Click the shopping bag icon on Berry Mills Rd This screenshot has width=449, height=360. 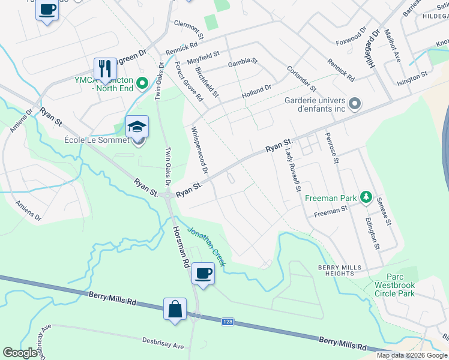click(x=175, y=310)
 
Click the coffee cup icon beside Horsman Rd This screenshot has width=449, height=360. click(x=203, y=274)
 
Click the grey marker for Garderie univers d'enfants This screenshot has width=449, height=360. click(x=354, y=104)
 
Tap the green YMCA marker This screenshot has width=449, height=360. click(x=142, y=83)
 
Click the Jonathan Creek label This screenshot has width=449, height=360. click(x=206, y=246)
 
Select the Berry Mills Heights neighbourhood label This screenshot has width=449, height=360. click(x=340, y=270)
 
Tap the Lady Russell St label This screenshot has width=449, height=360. click(x=292, y=170)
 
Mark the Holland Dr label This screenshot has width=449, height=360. click(x=256, y=91)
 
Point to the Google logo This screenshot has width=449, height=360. click(x=20, y=353)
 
